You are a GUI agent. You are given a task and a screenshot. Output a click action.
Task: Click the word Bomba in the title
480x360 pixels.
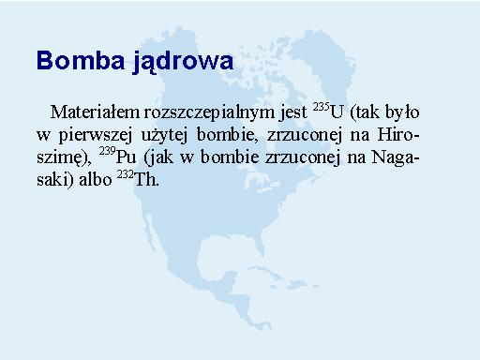[81, 60]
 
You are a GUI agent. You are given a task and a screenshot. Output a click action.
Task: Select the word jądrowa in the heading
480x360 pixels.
[183, 62]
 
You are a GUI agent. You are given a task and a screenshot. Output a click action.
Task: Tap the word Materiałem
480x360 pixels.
[95, 112]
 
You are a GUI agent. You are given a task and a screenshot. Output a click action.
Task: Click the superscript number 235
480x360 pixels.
[322, 107]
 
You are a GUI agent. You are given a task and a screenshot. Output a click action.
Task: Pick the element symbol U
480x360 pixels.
[337, 112]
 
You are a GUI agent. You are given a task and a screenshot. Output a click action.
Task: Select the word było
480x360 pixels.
[402, 112]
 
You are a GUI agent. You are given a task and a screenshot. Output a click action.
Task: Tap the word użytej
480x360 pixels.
[164, 136]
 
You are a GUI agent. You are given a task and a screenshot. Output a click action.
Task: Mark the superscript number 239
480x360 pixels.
[108, 152]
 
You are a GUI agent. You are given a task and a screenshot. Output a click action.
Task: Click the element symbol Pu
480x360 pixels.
[127, 157]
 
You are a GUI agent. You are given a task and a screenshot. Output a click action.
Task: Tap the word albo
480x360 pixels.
[96, 179]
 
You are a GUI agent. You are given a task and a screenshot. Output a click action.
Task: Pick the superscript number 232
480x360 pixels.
[126, 174]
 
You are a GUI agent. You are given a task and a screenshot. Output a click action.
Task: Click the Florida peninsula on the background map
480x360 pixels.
[258, 244]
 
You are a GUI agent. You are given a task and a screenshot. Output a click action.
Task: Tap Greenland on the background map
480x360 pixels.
[321, 64]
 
